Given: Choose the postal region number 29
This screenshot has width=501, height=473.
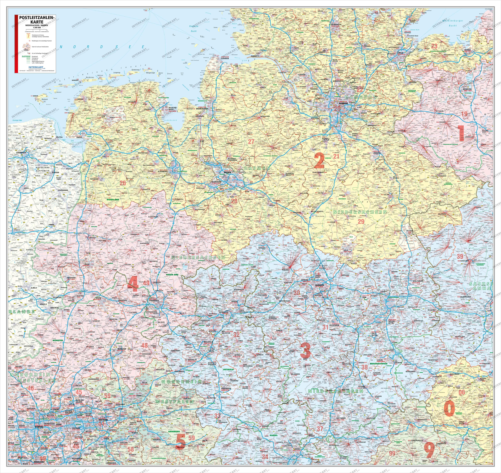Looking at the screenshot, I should [361, 221].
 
